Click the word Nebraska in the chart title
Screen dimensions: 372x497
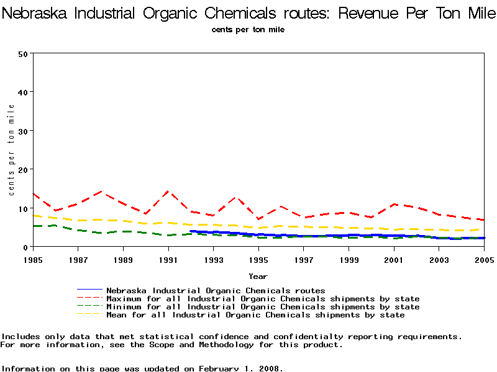coord(36,13)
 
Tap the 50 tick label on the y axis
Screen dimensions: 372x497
coord(24,53)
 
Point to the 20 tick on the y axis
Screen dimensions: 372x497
coord(24,170)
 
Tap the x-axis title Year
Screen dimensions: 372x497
coord(258,276)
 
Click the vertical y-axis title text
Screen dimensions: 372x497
coord(12,149)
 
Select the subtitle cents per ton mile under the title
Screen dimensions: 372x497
coord(248,29)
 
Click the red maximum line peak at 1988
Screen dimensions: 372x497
coord(101,192)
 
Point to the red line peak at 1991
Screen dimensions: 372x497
coord(168,192)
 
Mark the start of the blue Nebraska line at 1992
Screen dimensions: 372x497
coord(191,231)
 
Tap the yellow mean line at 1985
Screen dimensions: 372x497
coord(33,216)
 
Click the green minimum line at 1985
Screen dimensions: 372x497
coord(33,226)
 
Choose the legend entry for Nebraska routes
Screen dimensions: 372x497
coord(216,290)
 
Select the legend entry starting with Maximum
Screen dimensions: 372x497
coord(263,299)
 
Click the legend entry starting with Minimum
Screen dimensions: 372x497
coord(263,307)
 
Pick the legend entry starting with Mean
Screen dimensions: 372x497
coord(255,315)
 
